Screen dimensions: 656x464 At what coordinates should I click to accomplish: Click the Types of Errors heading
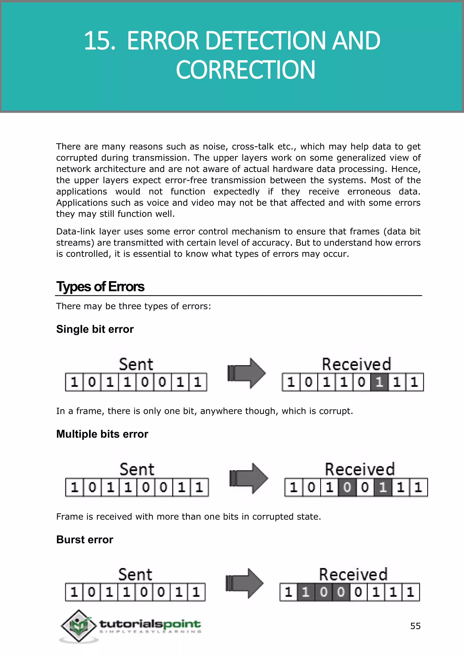100,287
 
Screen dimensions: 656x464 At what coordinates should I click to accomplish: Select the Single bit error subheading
95,329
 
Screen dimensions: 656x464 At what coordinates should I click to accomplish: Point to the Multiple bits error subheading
102,434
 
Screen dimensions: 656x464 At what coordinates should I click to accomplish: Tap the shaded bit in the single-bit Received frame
379,382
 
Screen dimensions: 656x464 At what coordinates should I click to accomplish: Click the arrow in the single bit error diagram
246,373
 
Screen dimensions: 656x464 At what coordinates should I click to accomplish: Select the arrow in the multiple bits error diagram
248,478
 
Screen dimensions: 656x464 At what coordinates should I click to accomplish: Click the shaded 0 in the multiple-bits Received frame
347,487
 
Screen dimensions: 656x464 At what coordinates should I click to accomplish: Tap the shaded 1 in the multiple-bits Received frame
383,487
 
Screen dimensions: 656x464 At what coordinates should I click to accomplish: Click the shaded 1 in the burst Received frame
306,592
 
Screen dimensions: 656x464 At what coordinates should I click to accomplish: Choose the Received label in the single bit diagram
356,364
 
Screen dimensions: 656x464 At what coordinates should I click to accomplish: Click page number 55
415,626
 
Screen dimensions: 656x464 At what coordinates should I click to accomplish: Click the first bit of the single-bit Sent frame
74,382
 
